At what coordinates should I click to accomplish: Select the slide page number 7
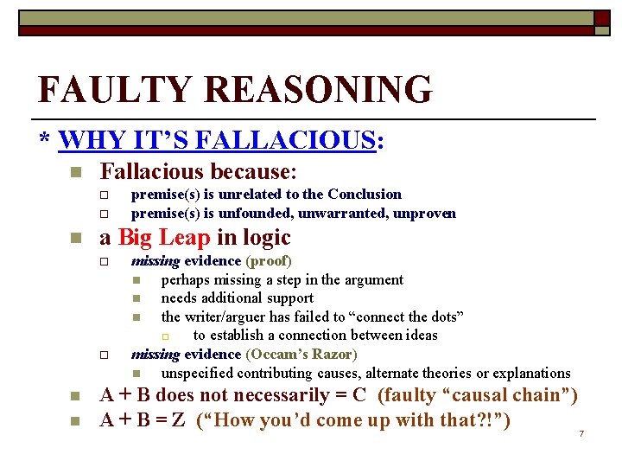[x=581, y=432]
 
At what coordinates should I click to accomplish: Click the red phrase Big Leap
[x=164, y=238]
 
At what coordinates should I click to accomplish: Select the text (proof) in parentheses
[x=269, y=260]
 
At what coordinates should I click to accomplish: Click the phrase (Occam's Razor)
[x=301, y=354]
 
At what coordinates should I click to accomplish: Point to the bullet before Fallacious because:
[x=75, y=173]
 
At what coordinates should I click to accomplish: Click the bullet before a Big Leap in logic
[x=75, y=239]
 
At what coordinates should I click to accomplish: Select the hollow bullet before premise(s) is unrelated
[x=103, y=195]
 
